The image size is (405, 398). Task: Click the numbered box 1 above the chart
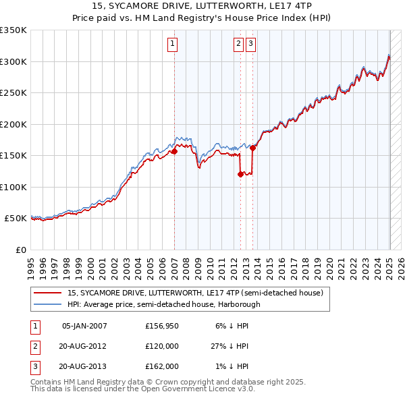[x=173, y=45]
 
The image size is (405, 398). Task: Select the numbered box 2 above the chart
[x=238, y=45]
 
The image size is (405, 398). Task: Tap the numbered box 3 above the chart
[x=250, y=45]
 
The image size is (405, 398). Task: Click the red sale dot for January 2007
[x=174, y=152]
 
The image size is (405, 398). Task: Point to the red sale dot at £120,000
[x=240, y=175]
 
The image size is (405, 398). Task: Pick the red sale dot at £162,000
[x=252, y=148]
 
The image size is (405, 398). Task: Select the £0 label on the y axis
[x=20, y=250]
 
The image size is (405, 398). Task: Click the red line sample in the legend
[x=47, y=293]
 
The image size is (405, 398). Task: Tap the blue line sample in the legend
[x=47, y=304]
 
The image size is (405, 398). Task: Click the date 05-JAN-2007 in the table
[x=84, y=326]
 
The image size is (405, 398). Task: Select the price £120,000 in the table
[x=162, y=346]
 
